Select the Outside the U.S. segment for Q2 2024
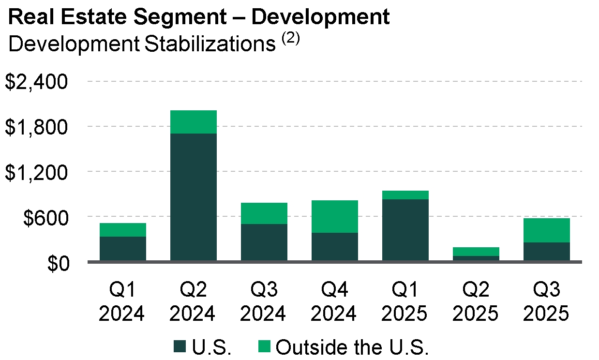tap(194, 122)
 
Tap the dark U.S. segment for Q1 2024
tap(123, 249)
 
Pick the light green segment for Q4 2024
tap(335, 216)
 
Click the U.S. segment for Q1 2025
tap(405, 230)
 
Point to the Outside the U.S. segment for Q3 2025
tap(547, 230)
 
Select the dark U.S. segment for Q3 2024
tap(264, 242)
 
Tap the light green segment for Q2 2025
tap(476, 252)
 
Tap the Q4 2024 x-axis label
tap(335, 302)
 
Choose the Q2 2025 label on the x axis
tap(476, 302)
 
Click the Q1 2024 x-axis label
tap(123, 302)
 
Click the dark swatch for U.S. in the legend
tap(180, 347)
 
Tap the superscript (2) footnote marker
tap(291, 39)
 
